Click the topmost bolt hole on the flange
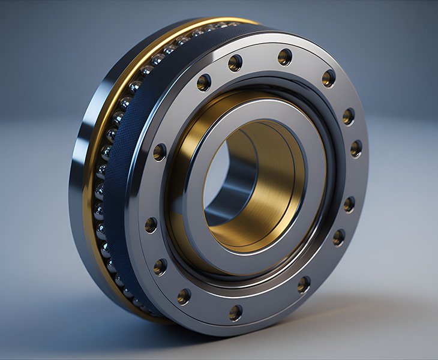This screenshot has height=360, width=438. coord(284,56)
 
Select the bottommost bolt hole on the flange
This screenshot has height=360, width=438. coord(236,312)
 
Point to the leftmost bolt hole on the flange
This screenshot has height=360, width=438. coord(151,225)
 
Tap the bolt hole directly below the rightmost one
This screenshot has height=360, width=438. coord(349,204)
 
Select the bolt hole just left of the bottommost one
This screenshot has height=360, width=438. coord(184,295)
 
